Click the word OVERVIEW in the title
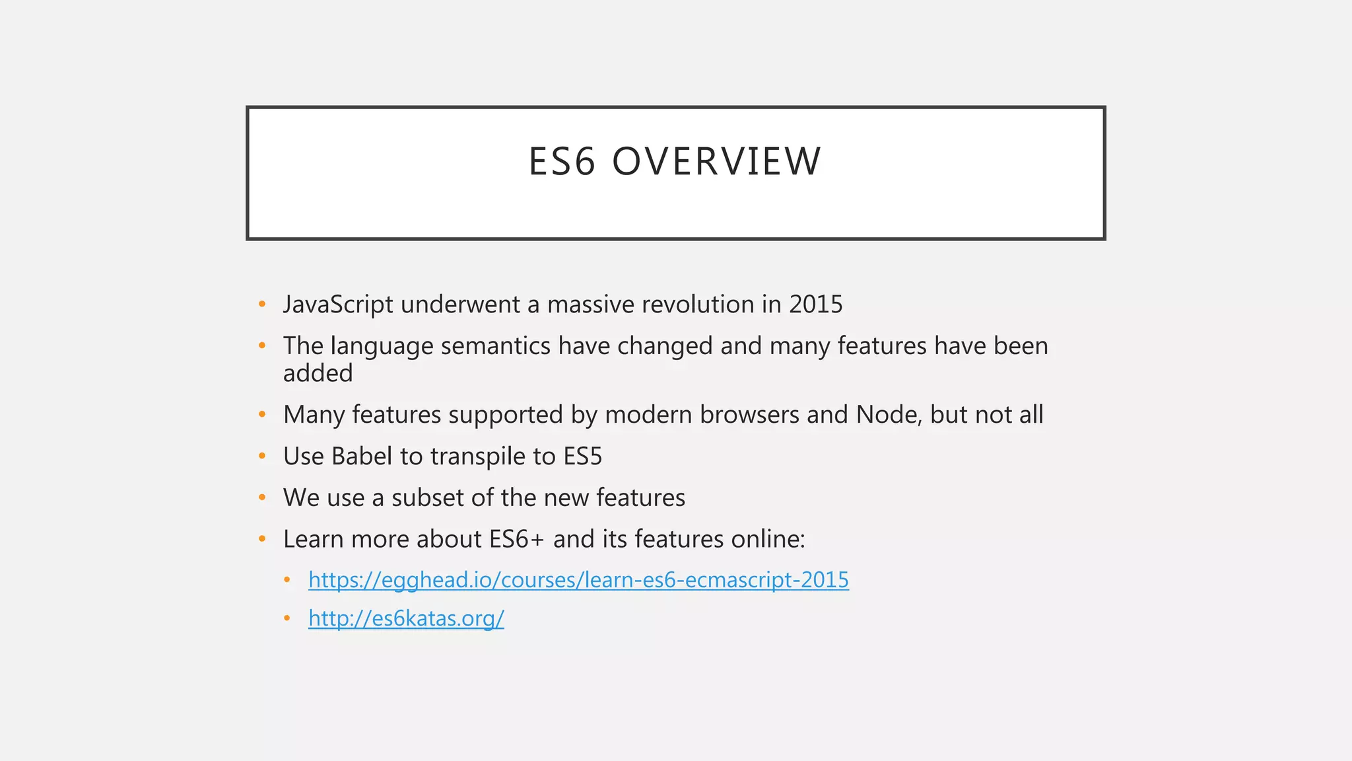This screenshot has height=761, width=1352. click(x=716, y=162)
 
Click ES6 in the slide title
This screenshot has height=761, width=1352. click(x=562, y=162)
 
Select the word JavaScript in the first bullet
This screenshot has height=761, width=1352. click(x=338, y=305)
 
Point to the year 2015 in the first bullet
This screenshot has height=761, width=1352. click(x=816, y=305)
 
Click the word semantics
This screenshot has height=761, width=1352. click(x=495, y=346)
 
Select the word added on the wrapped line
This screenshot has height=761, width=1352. click(x=318, y=374)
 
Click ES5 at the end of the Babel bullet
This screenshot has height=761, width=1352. click(x=582, y=456)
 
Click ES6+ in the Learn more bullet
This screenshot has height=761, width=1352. click(x=517, y=540)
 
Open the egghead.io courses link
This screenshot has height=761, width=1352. click(x=578, y=580)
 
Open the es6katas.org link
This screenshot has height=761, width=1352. click(x=406, y=619)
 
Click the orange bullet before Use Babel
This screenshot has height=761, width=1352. click(x=262, y=456)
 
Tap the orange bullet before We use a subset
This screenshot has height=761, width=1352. click(x=262, y=497)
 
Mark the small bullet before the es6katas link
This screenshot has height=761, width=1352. click(x=287, y=619)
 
